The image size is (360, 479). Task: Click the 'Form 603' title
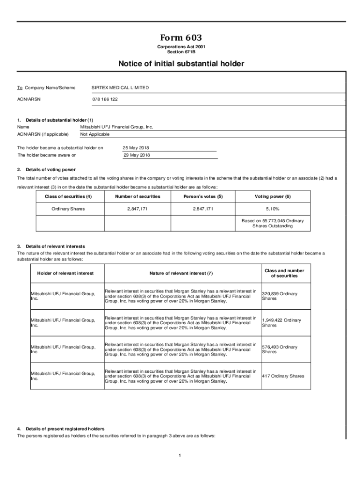[181, 37]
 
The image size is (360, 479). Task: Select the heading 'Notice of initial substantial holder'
[181, 64]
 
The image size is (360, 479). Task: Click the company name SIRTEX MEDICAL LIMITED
[120, 87]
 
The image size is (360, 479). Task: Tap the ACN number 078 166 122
[105, 99]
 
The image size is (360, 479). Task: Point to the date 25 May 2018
[136, 148]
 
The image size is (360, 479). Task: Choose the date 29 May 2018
[137, 155]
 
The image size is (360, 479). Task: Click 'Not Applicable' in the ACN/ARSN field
[95, 134]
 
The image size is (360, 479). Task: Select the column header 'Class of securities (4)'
[68, 196]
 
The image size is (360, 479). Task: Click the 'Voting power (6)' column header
[273, 196]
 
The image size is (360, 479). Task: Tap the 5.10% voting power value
[273, 209]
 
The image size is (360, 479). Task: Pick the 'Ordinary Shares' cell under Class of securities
[68, 209]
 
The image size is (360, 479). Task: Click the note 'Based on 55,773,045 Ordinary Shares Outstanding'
[273, 223]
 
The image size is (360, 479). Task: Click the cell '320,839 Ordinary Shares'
[280, 296]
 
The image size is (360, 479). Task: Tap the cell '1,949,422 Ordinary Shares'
[281, 323]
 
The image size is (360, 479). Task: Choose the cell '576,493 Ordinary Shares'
[280, 349]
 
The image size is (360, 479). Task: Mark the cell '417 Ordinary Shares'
[283, 376]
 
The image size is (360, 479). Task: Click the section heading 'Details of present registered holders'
[65, 428]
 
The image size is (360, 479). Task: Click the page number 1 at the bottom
[180, 455]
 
